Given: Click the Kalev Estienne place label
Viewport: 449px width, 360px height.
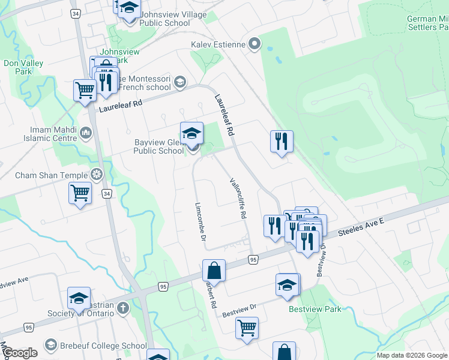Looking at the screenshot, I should coord(218,44).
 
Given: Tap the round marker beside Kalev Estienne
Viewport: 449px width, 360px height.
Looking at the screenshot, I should coord(255,43).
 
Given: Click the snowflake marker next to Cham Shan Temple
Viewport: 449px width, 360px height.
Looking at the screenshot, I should coord(96,175).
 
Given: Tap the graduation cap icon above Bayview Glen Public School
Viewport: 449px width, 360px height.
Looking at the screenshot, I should coord(192,133).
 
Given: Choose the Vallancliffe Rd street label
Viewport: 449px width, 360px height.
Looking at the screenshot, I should coord(238,198).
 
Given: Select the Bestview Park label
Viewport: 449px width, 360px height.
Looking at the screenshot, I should coord(315,309).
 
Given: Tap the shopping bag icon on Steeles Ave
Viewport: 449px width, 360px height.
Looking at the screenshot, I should coord(214,271).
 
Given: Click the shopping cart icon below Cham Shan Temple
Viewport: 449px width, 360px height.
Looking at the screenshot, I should coord(80,194).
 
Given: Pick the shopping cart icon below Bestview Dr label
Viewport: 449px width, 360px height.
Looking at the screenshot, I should coord(247,328).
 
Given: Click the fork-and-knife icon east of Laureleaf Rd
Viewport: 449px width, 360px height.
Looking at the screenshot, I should coord(282,142).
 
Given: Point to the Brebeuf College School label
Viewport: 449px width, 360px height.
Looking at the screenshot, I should coord(103,346).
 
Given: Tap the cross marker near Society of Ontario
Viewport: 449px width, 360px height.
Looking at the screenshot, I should coord(122,308).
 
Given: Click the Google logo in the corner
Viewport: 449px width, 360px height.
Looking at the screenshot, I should coord(20,353).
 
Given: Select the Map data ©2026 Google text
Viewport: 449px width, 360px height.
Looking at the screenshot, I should coord(412,355).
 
